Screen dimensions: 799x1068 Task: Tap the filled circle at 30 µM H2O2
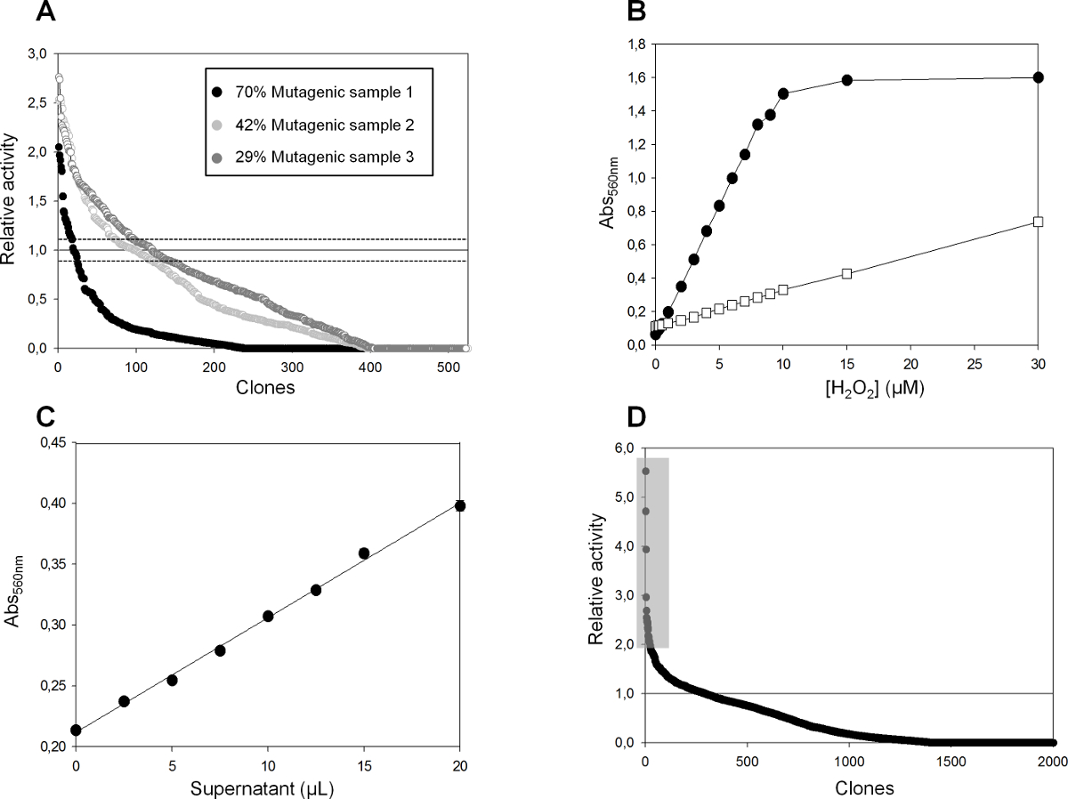click(x=1038, y=77)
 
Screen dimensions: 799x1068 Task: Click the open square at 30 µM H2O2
click(x=1038, y=222)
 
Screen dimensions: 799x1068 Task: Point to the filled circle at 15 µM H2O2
click(x=846, y=80)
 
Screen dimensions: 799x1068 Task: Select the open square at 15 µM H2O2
click(x=846, y=273)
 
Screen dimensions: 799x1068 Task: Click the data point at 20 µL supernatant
click(x=460, y=505)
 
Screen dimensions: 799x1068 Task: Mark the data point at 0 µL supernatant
click(x=77, y=730)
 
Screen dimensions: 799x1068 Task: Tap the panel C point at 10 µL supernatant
click(x=268, y=616)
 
